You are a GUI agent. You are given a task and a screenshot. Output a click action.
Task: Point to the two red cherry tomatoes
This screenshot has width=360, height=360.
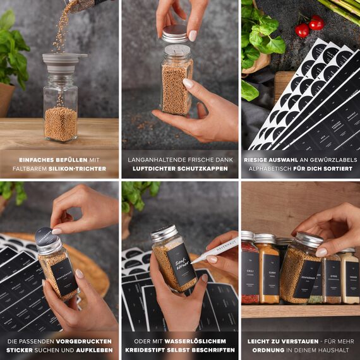click(x=309, y=26)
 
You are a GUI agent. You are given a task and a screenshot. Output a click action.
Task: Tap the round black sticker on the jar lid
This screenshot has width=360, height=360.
click(x=45, y=236)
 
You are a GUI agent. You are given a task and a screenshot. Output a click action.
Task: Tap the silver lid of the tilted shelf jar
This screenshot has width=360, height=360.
click(x=309, y=240)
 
